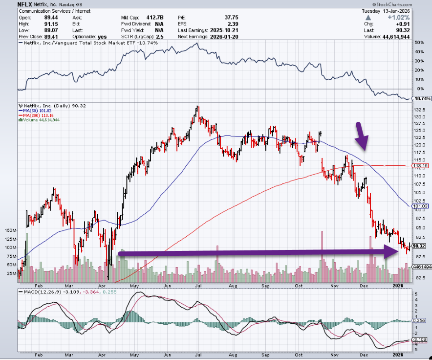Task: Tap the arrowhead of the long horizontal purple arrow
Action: [x=391, y=252]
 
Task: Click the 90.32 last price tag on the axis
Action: [x=421, y=246]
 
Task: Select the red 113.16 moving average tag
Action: [x=421, y=166]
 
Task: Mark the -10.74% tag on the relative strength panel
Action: [x=421, y=98]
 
